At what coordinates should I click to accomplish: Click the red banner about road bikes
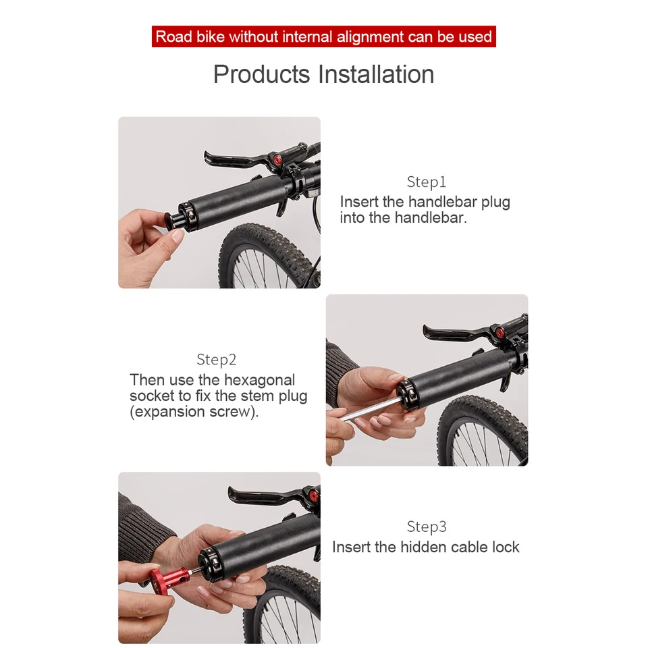(324, 36)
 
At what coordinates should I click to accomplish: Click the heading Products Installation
(324, 74)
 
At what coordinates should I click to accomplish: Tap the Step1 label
(427, 182)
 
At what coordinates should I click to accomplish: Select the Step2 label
(217, 360)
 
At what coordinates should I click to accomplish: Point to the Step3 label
(427, 527)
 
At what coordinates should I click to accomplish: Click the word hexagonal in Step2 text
(259, 380)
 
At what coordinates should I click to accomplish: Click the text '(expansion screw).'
(194, 412)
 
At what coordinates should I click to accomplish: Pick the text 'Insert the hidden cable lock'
(426, 547)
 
